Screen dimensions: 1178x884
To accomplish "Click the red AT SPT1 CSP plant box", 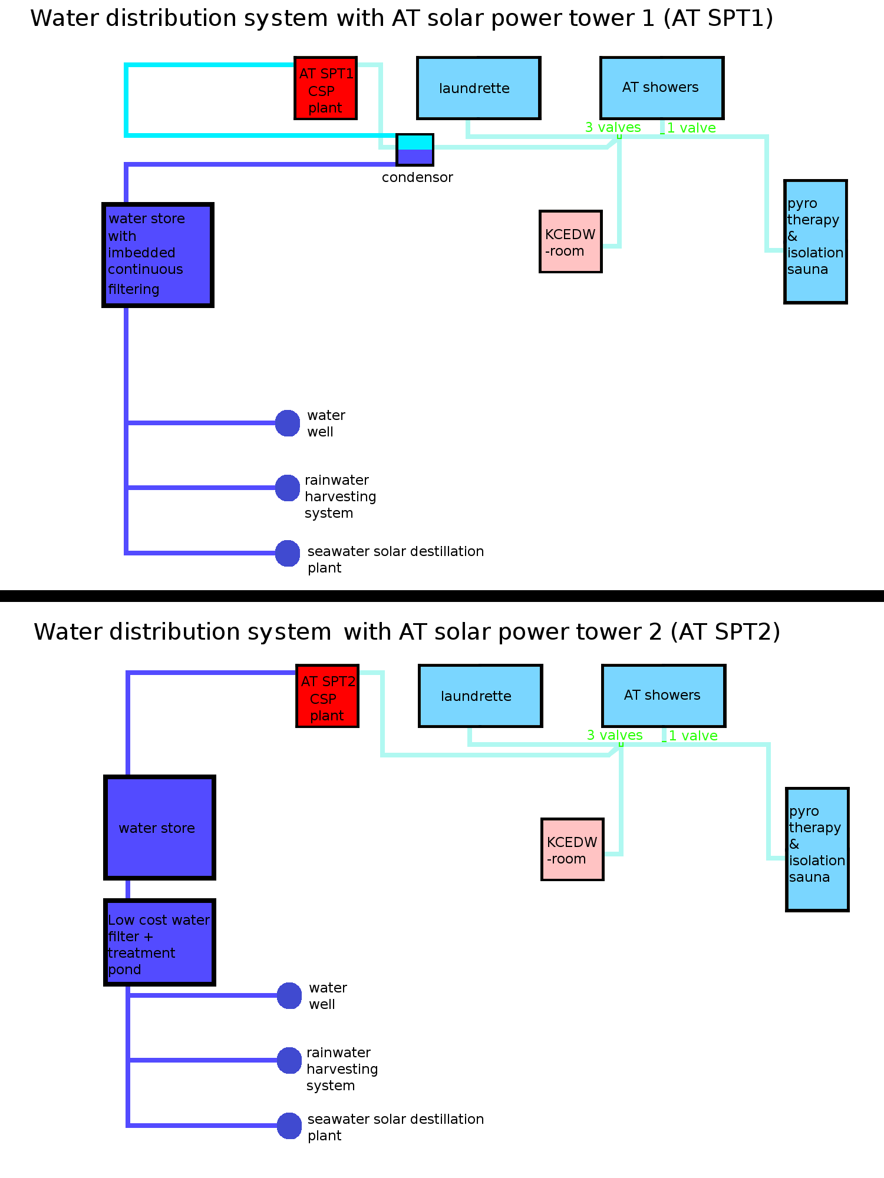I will pyautogui.click(x=326, y=88).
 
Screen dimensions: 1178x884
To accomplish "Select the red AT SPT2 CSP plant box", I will pyautogui.click(x=328, y=696).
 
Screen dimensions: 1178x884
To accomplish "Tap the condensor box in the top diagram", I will pyautogui.click(x=415, y=150).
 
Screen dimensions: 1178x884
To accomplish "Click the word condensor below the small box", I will pyautogui.click(x=417, y=177).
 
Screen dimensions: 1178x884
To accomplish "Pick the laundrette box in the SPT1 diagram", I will pyautogui.click(x=479, y=88).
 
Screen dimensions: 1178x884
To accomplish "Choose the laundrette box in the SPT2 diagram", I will pyautogui.click(x=480, y=696).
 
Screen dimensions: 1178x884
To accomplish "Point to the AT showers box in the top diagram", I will pyautogui.click(x=662, y=88).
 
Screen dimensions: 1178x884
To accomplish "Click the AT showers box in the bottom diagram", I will pyautogui.click(x=664, y=696).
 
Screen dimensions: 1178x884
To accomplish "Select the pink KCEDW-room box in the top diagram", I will pyautogui.click(x=570, y=241).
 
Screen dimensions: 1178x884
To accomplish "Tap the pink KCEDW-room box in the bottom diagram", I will pyautogui.click(x=572, y=849).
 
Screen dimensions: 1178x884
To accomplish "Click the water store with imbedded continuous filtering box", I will pyautogui.click(x=158, y=255).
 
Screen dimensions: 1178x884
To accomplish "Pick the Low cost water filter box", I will pyautogui.click(x=159, y=942).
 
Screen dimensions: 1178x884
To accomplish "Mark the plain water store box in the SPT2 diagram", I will pyautogui.click(x=159, y=828).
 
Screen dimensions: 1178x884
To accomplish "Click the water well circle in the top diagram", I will pyautogui.click(x=288, y=423).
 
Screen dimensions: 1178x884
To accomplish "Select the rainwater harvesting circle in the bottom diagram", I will pyautogui.click(x=289, y=1060).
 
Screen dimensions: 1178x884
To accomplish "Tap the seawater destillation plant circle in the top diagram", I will pyautogui.click(x=288, y=553).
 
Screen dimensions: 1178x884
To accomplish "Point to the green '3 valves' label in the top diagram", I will pyautogui.click(x=613, y=127).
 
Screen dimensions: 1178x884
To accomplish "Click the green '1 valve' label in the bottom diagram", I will pyautogui.click(x=693, y=736).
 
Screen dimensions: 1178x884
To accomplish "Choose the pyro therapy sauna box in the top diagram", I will pyautogui.click(x=816, y=241).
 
